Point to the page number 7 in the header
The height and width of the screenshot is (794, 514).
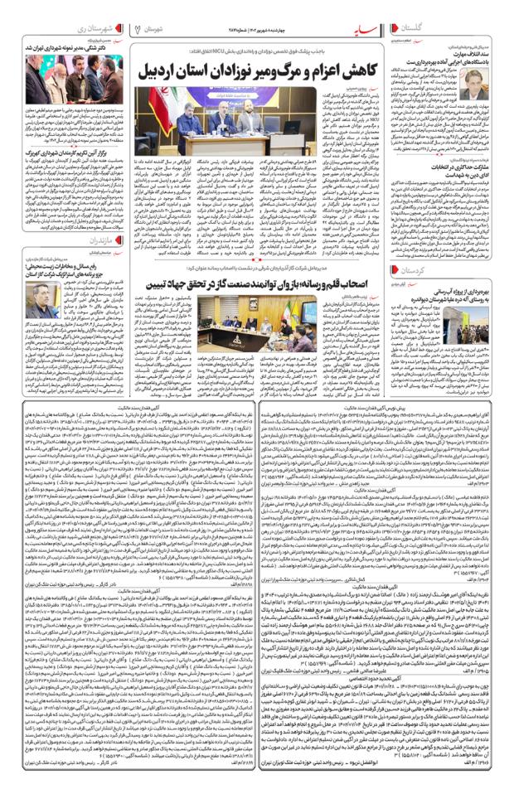pos(136,30)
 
